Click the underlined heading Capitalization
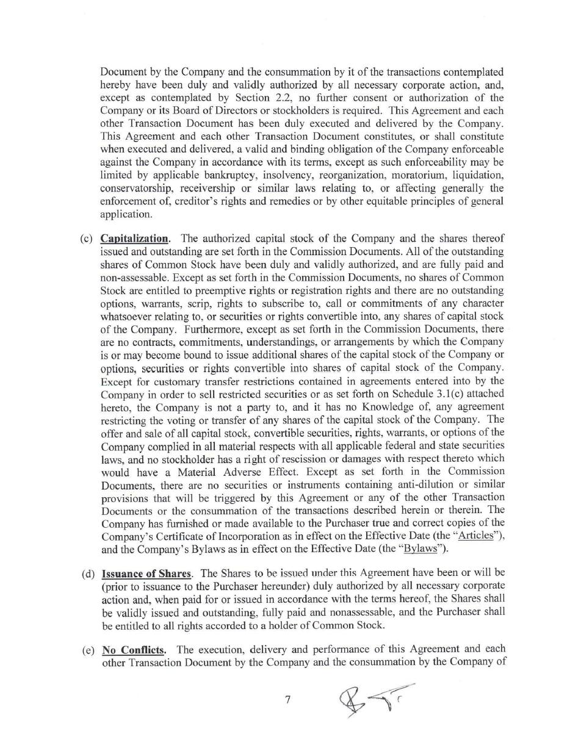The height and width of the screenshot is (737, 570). click(135, 238)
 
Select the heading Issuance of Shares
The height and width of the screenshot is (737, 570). click(146, 573)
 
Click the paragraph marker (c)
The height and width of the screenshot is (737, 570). click(86, 238)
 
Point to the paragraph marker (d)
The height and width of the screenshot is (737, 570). click(88, 573)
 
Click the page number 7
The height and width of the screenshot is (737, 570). click(287, 700)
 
